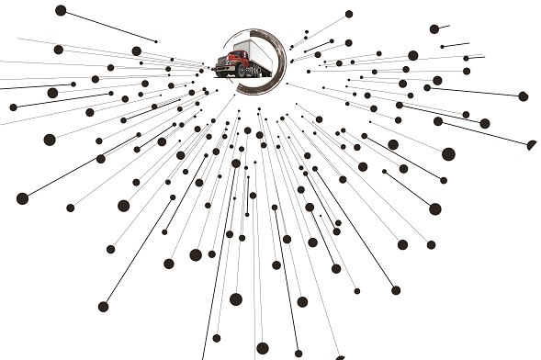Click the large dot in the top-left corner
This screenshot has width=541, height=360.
coord(61,10)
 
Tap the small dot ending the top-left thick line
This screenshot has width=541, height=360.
coord(155,40)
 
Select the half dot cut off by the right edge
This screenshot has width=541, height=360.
coord(533,143)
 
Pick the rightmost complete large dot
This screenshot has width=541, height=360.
coord(523,96)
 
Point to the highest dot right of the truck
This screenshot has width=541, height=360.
coord(349,14)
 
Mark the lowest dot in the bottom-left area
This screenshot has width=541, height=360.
coord(103,307)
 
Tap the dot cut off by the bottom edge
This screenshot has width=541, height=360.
coord(263,349)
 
